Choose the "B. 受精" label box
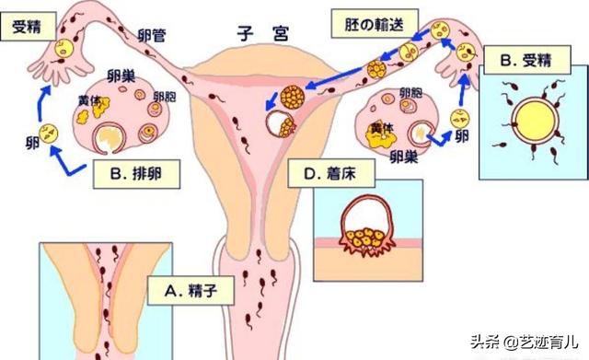tap(526, 63)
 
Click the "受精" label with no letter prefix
tap(26, 27)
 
